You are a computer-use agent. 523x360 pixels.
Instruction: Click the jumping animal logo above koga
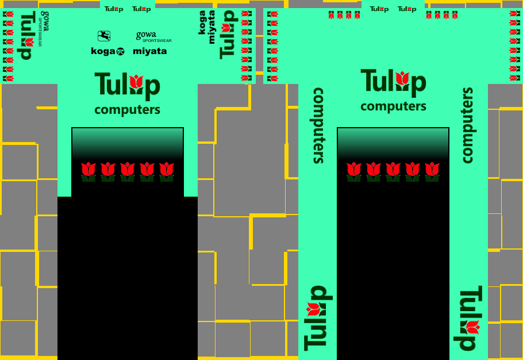(104, 36)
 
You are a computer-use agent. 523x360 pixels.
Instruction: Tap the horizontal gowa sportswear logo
(153, 37)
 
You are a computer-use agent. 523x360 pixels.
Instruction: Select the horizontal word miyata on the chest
(150, 51)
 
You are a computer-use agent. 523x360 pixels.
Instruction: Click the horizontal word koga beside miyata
(107, 51)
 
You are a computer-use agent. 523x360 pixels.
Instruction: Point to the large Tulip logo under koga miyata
(127, 85)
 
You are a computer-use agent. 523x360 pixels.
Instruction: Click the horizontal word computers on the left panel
(127, 110)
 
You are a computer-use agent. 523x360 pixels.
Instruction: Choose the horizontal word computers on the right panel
(393, 106)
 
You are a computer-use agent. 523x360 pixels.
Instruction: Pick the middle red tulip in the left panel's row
(128, 171)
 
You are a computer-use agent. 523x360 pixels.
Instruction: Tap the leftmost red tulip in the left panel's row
(89, 171)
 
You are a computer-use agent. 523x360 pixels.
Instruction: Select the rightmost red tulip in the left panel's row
(167, 171)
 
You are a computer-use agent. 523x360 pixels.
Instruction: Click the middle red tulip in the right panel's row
(393, 171)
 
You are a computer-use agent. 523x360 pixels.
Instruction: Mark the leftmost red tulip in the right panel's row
(354, 171)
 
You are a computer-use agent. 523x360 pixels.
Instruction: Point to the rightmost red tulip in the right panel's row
(432, 171)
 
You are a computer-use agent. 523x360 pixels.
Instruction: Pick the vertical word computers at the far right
(467, 125)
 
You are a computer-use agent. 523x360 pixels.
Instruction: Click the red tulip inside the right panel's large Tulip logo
(403, 80)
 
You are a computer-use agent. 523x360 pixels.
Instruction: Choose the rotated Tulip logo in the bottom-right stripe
(471, 318)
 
